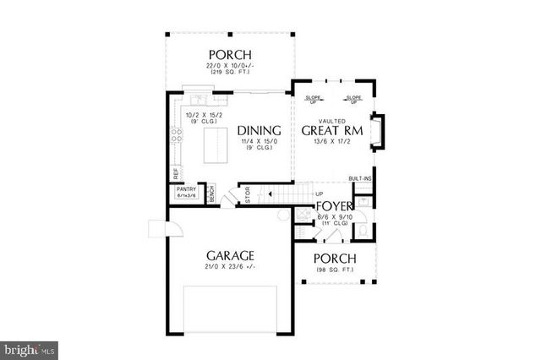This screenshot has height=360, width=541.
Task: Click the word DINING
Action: point(259,130)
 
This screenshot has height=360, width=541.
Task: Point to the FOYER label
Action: point(334,205)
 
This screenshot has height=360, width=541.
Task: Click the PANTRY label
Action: point(186,189)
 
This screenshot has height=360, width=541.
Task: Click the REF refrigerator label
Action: point(176,172)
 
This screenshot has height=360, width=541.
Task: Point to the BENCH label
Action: point(211,194)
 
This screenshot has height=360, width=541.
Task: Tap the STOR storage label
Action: point(247,194)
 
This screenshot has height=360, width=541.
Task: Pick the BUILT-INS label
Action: point(361,179)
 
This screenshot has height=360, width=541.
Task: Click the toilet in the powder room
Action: point(361,229)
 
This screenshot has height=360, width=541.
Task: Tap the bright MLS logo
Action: point(29,347)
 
